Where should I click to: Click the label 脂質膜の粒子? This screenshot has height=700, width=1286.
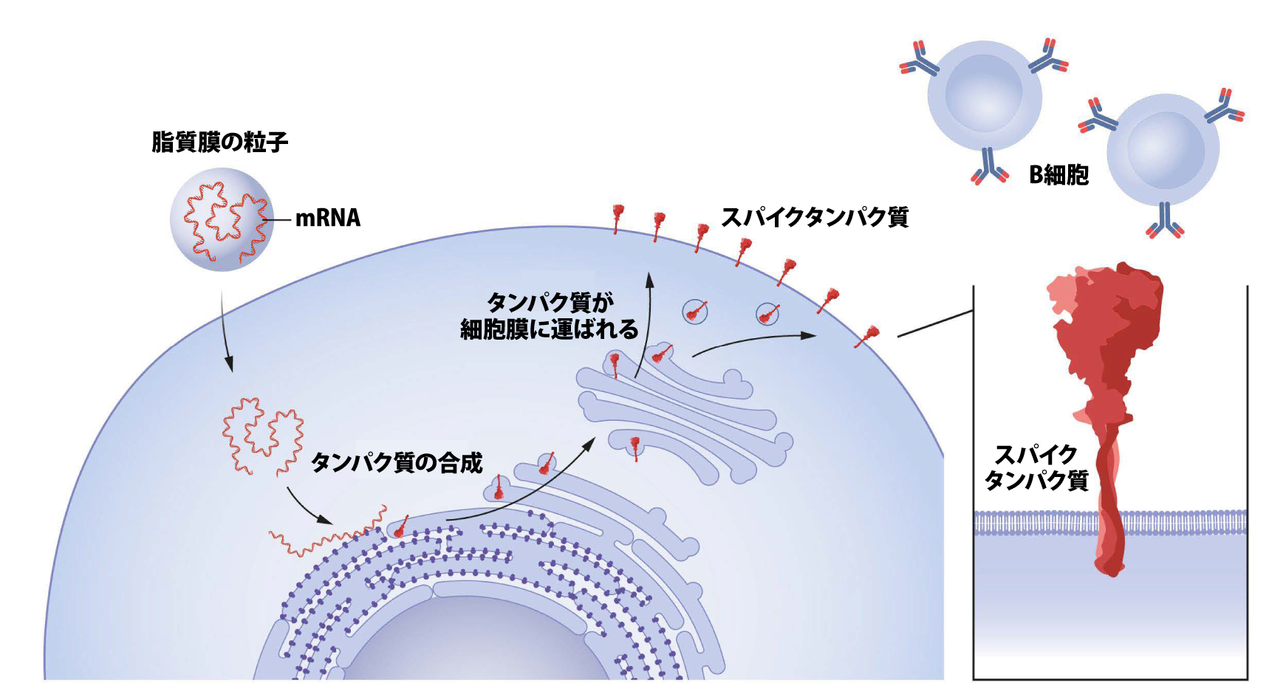click(219, 142)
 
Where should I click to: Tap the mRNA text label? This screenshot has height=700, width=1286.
click(327, 218)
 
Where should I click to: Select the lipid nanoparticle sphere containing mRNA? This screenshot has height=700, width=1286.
click(222, 219)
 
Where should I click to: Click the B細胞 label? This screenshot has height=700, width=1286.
click(1058, 175)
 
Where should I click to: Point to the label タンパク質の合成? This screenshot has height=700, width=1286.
click(397, 463)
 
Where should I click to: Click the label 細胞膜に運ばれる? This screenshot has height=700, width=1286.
click(549, 329)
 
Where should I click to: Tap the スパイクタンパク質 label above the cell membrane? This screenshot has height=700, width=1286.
click(814, 217)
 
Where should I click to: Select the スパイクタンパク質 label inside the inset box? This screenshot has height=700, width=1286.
click(1036, 467)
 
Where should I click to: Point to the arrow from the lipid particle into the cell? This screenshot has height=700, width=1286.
click(225, 332)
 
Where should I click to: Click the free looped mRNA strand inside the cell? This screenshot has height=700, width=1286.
click(263, 436)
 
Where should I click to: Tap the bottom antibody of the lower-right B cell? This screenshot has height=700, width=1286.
click(1165, 220)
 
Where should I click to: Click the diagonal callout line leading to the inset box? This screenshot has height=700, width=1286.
click(934, 324)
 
